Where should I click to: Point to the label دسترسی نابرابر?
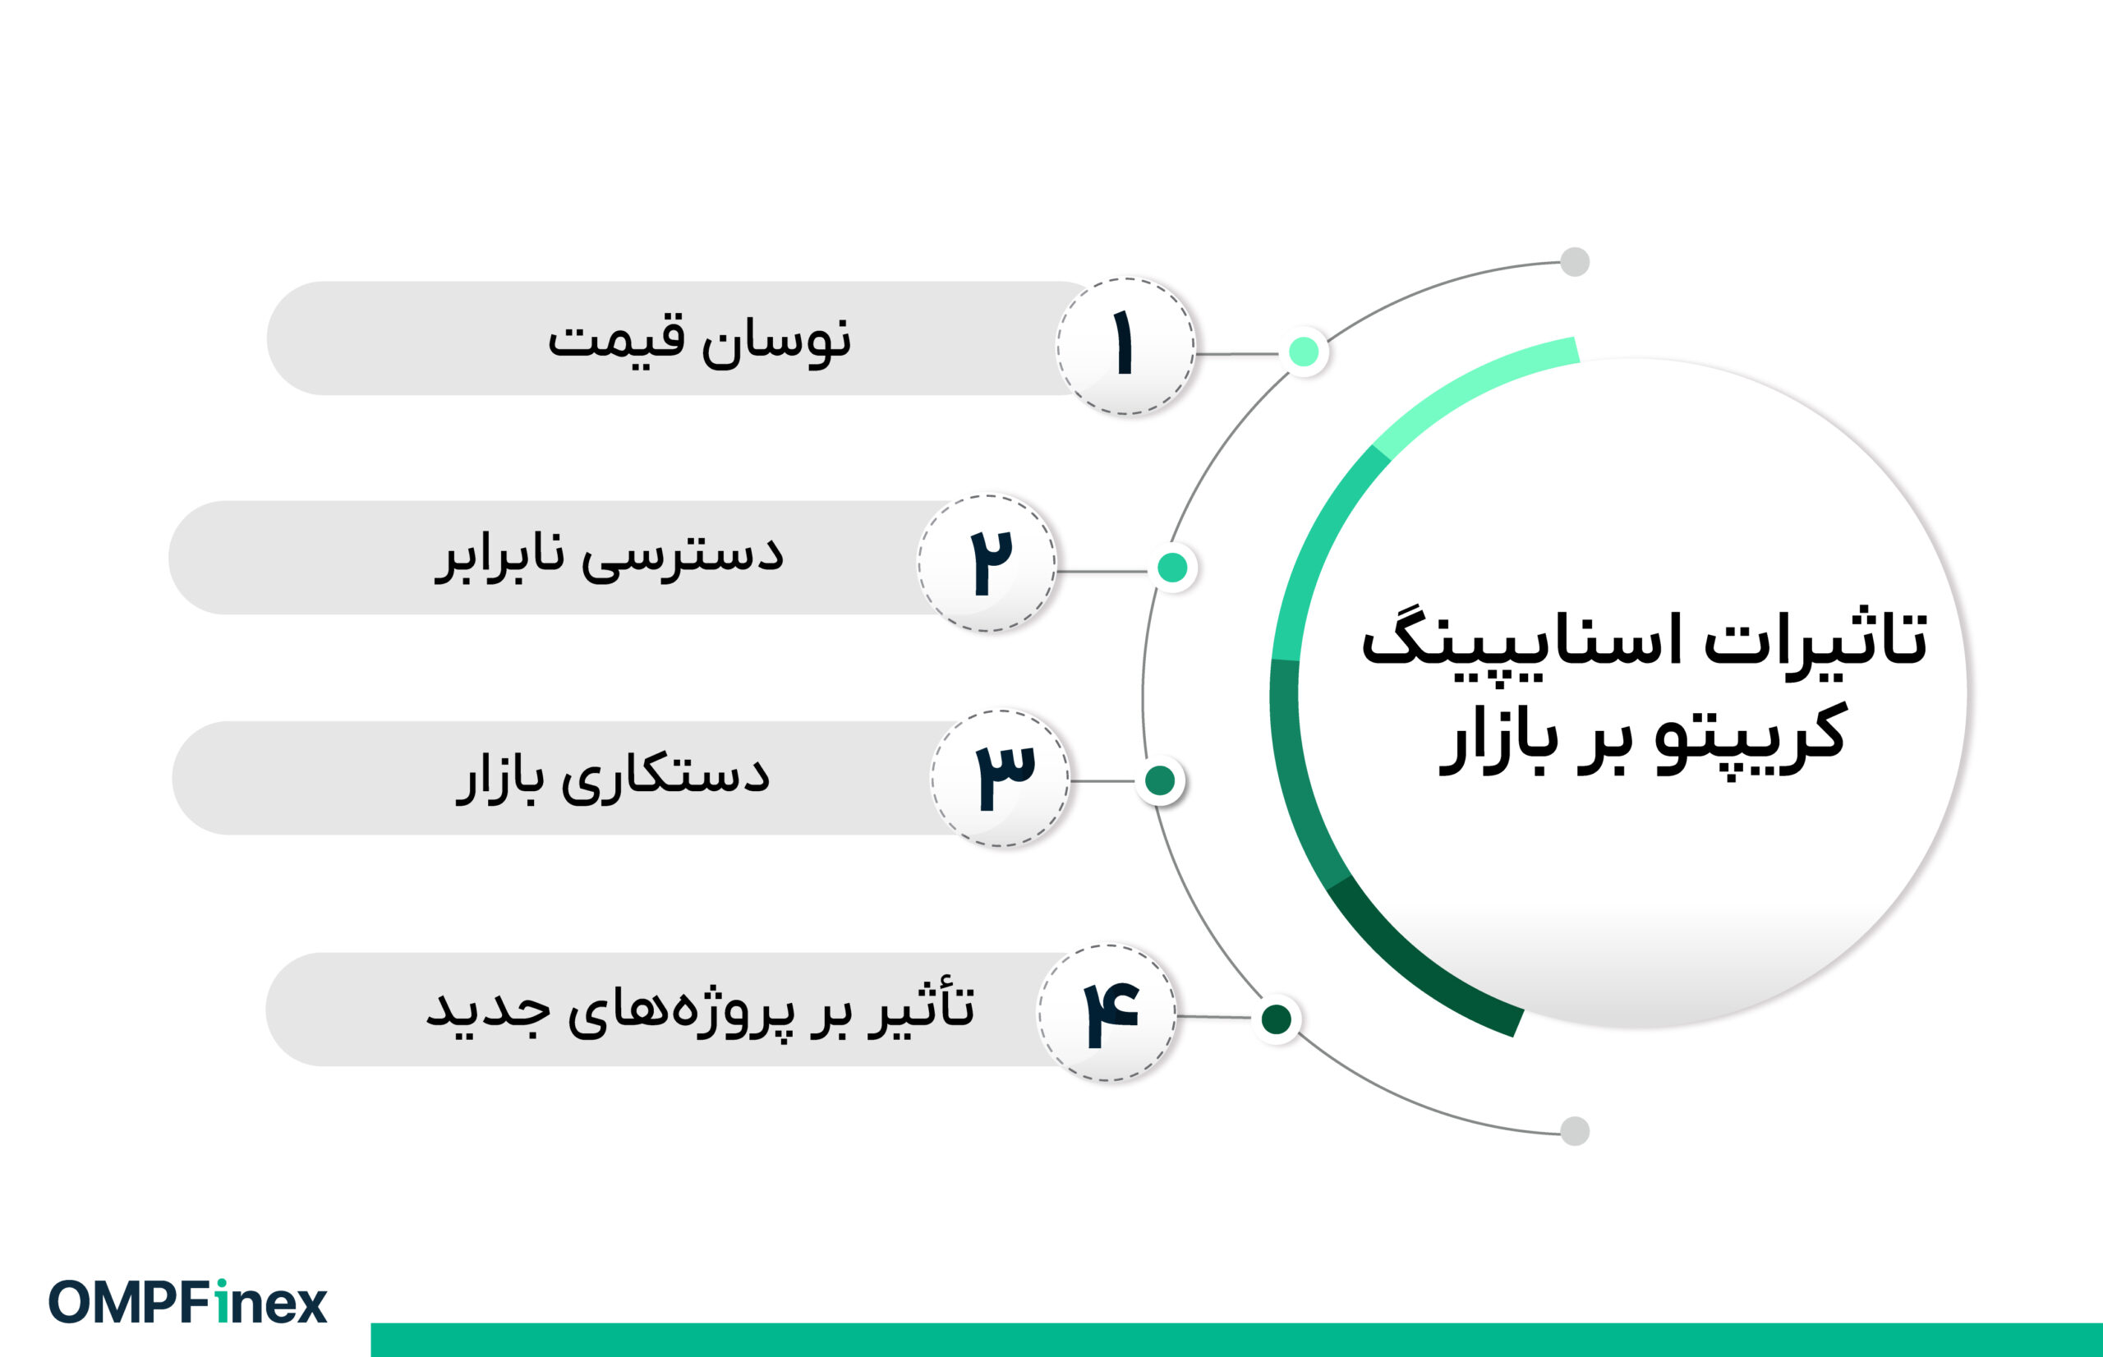pos(609,556)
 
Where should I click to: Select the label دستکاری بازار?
pos(612,777)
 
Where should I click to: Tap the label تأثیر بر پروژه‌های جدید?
pos(701,1010)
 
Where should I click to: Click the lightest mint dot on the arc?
pos(1304,352)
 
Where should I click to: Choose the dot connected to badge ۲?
pos(1171,568)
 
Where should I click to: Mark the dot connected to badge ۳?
pos(1159,780)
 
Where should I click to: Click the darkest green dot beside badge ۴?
pos(1277,1019)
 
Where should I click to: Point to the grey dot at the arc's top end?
pos(1575,262)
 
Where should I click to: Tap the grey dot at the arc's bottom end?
pos(1575,1130)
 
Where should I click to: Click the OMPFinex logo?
pos(187,1302)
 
